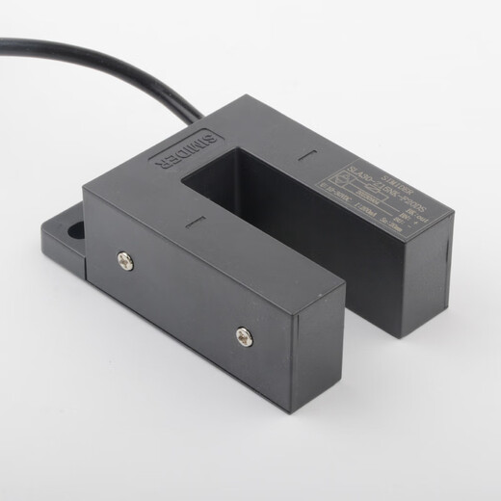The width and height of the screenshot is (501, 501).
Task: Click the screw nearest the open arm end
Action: click(x=243, y=336)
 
